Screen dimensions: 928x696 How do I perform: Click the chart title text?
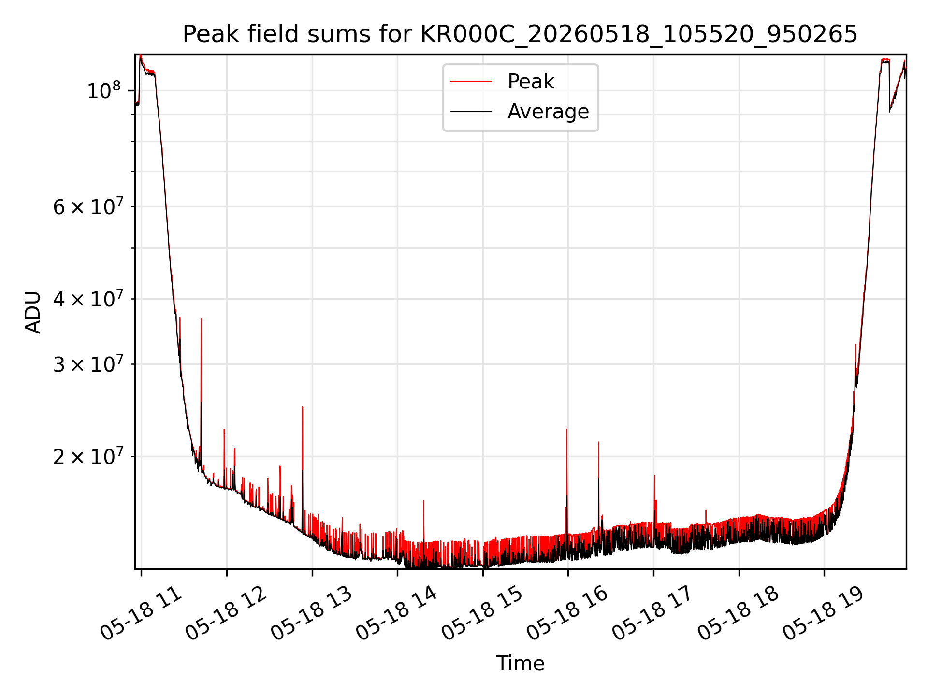(x=520, y=34)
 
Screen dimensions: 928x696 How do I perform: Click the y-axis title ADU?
(x=33, y=312)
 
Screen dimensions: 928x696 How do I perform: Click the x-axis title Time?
(x=520, y=664)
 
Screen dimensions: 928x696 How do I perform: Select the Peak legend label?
(x=531, y=82)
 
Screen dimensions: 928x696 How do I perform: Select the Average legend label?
(x=548, y=112)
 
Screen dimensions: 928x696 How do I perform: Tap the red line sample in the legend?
(x=471, y=82)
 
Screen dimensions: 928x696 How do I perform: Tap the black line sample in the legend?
(x=471, y=112)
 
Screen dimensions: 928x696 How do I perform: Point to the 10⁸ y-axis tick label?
(x=103, y=90)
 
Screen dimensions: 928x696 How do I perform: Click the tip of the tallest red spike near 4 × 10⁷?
(x=201, y=318)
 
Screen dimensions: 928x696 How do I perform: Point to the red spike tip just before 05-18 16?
(x=566, y=429)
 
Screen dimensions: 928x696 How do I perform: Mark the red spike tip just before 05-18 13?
(x=303, y=407)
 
